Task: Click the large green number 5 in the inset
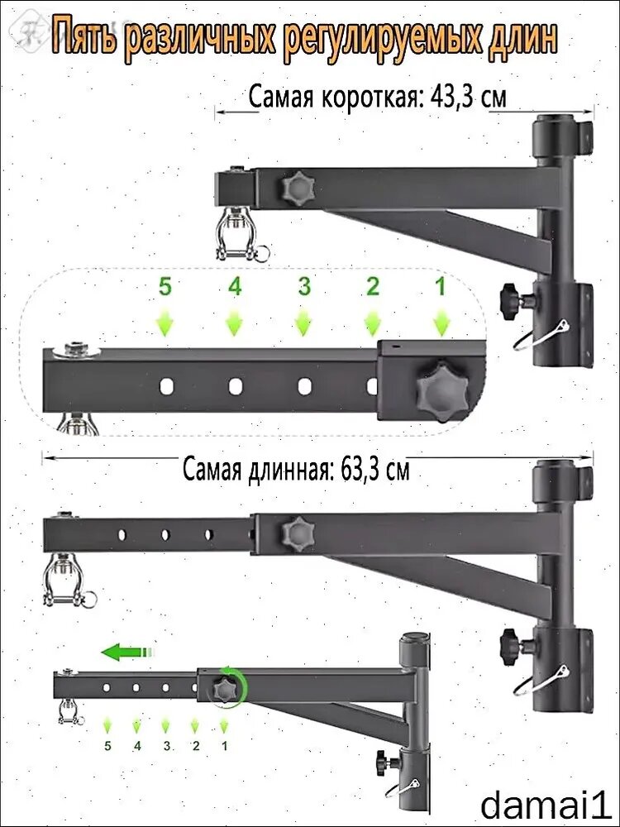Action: click(165, 287)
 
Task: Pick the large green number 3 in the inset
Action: click(304, 287)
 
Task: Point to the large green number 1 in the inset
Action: click(441, 287)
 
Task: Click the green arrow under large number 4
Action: click(235, 323)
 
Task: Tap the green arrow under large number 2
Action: click(373, 323)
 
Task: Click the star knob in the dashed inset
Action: click(441, 391)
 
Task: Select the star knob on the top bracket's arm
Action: click(298, 189)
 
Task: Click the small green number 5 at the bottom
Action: click(107, 746)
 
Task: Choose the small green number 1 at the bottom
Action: click(225, 746)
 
